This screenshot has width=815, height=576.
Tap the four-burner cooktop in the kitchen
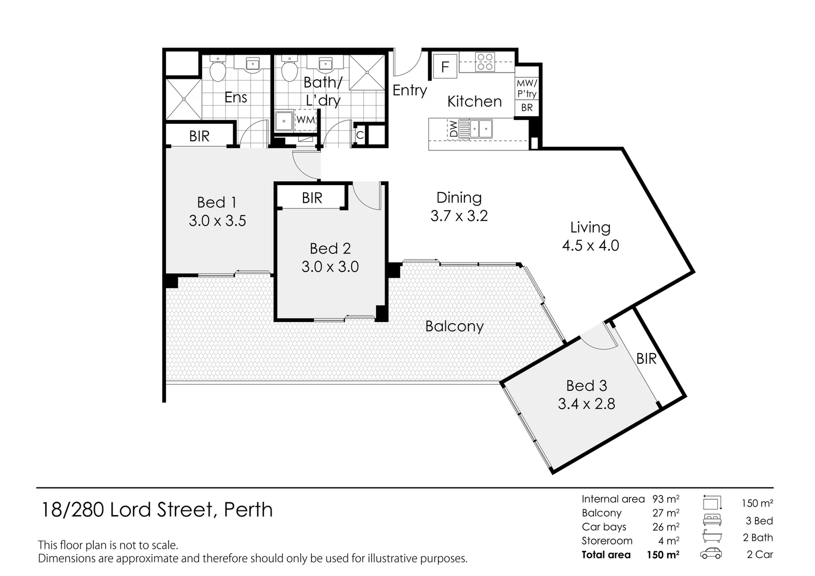[485, 62]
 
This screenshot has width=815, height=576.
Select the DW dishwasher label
[453, 129]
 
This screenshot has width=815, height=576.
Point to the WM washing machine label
[305, 119]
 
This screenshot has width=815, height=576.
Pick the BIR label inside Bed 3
[646, 359]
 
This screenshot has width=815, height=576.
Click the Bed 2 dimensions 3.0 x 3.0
[330, 267]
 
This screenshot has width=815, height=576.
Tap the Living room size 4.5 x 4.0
[590, 246]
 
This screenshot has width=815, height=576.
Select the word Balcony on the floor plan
[454, 326]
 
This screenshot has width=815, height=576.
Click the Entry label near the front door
[410, 90]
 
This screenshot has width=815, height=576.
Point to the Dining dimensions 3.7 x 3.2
[459, 216]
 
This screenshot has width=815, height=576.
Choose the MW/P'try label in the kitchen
[526, 89]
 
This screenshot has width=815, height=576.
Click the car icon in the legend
[711, 554]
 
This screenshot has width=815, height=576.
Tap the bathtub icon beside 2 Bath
[712, 537]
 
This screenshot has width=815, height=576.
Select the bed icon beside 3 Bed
[712, 519]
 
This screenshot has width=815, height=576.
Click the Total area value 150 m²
[663, 555]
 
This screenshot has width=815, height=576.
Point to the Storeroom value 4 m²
[669, 541]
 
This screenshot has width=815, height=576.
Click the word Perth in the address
[248, 510]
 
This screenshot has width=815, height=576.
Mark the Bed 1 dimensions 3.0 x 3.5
[217, 220]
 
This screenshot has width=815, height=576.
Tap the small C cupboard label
[360, 135]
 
